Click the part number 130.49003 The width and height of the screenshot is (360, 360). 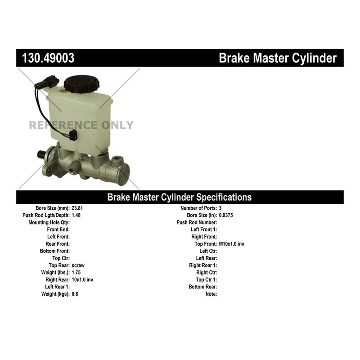(49, 58)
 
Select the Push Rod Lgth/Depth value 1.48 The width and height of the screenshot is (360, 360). (76, 215)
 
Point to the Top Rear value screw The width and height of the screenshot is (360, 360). (78, 265)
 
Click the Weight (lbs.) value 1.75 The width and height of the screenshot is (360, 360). (76, 273)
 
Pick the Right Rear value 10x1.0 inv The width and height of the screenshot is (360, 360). (82, 279)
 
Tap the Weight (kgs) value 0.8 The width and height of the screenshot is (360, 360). (75, 294)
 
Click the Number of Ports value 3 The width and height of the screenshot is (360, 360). (220, 208)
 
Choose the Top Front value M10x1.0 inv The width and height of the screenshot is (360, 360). (232, 244)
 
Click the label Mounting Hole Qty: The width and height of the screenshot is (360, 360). (49, 222)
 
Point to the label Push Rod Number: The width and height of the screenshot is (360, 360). (197, 222)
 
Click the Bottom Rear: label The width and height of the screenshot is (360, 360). (202, 287)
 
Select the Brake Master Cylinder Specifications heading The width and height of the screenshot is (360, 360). (179, 197)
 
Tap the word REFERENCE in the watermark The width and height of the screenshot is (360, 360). (63, 125)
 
